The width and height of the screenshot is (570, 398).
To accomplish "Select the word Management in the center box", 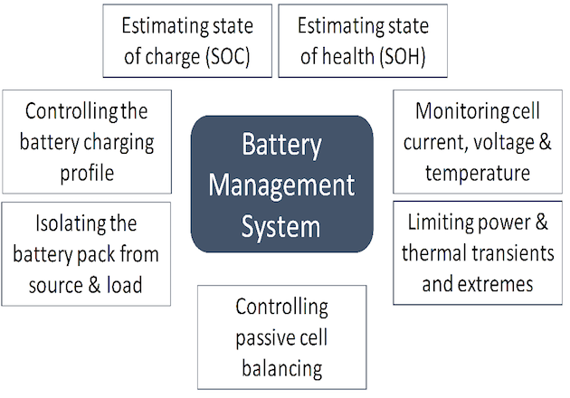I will [x=281, y=185].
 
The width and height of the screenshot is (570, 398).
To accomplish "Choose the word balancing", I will [x=281, y=367].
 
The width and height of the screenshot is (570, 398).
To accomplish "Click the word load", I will [x=124, y=286].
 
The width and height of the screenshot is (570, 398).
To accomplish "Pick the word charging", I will [x=119, y=142].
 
